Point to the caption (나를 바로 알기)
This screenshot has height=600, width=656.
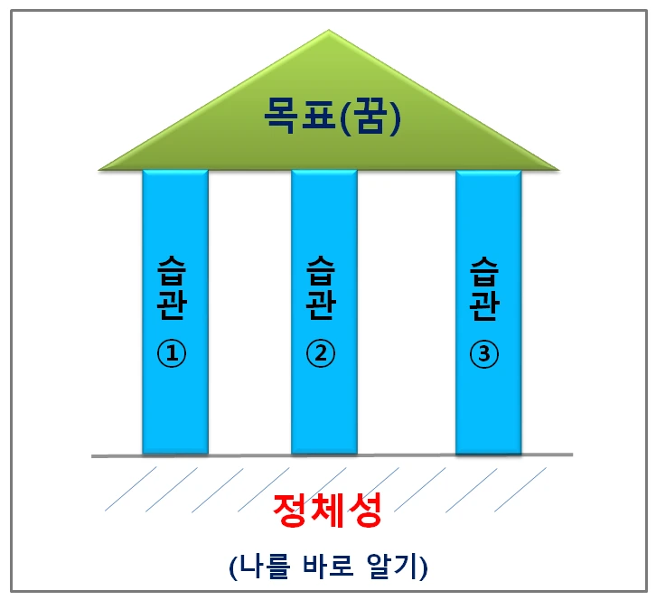pos(327,566)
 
